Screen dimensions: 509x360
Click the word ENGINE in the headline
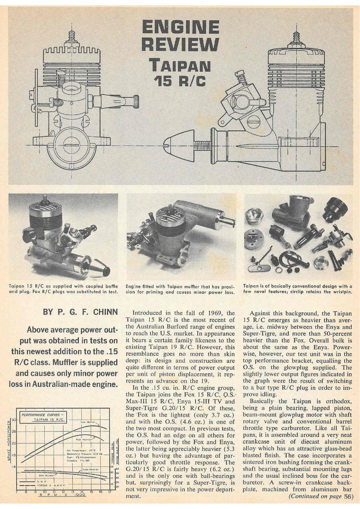(x=180, y=27)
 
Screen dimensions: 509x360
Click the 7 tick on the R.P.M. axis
(x=17, y=492)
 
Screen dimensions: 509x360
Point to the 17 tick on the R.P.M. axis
(x=110, y=492)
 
